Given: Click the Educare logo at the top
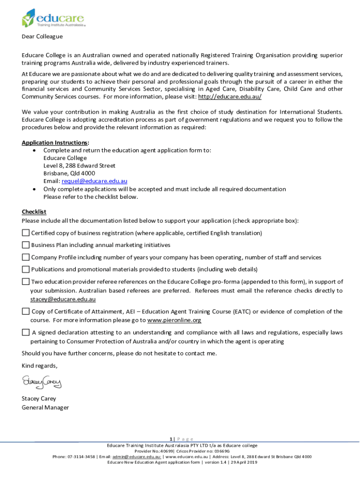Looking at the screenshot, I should pyautogui.click(x=53, y=19).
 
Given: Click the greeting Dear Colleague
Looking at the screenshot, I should pyautogui.click(x=42, y=36).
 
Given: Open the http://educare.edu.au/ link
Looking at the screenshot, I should pyautogui.click(x=230, y=96).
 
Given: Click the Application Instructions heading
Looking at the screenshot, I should pyautogui.click(x=55, y=142).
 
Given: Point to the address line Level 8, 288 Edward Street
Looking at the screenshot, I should pyautogui.click(x=79, y=166).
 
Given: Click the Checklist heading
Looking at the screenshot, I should pyautogui.click(x=34, y=212).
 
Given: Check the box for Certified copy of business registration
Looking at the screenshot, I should pyautogui.click(x=26, y=233).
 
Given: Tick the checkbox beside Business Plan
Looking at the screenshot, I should pyautogui.click(x=26, y=245).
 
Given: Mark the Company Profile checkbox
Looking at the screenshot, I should pyautogui.click(x=26, y=257).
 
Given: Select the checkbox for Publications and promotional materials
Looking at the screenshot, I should pyautogui.click(x=26, y=269).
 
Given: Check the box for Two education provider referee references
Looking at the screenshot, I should pyautogui.click(x=26, y=282).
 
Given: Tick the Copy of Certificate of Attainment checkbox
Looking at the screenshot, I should pyautogui.click(x=26, y=312).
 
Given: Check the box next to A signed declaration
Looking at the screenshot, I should pyautogui.click(x=26, y=333).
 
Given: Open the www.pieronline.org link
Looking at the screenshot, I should pyautogui.click(x=174, y=320).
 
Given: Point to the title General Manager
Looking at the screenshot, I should pyautogui.click(x=45, y=407).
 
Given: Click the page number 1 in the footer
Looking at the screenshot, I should pyautogui.click(x=171, y=439).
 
